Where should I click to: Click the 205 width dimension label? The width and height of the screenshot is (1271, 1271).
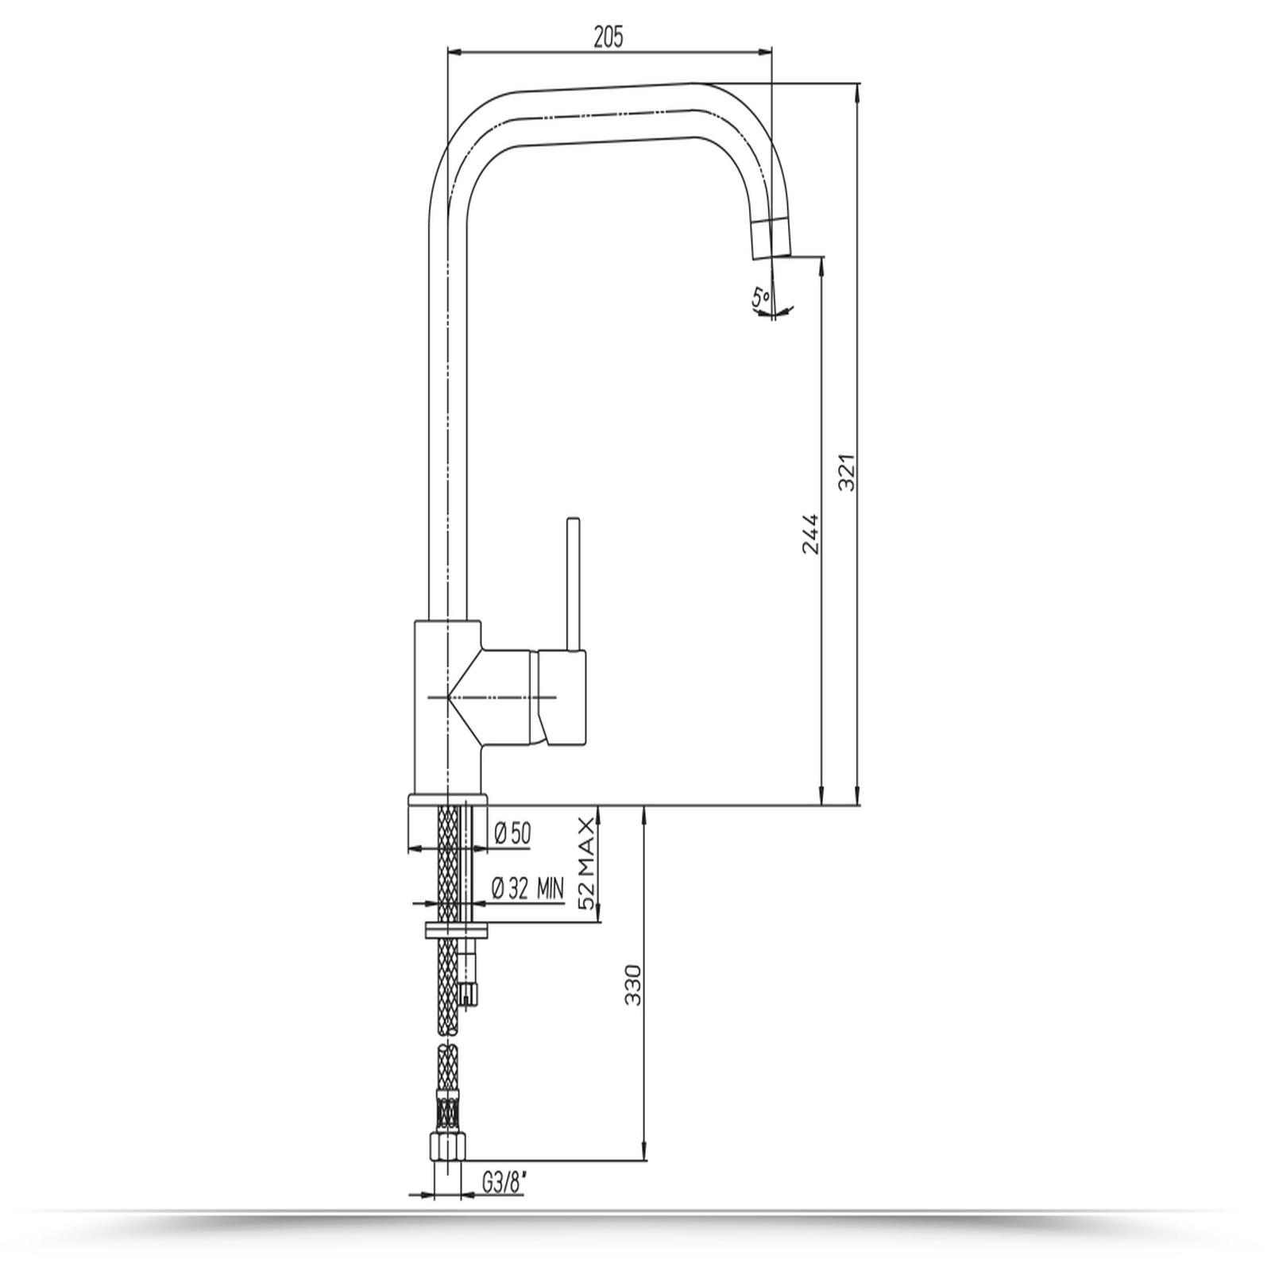tap(608, 37)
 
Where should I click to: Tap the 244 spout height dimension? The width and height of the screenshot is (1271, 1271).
tap(809, 534)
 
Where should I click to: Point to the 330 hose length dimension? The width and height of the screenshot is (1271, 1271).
tap(633, 985)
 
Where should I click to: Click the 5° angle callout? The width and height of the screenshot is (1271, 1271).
tap(761, 298)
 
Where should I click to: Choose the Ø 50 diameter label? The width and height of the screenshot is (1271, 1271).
tap(512, 833)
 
